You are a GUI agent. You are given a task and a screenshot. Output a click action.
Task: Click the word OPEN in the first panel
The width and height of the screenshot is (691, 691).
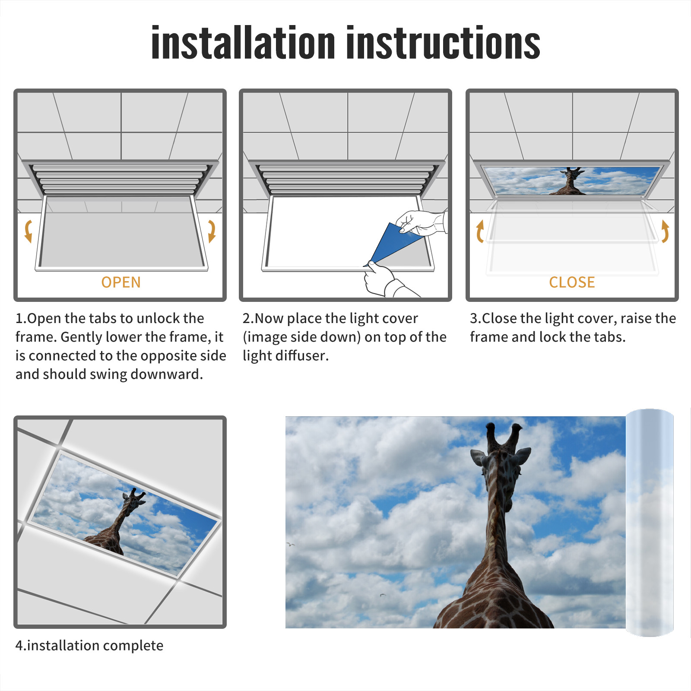pos(121,282)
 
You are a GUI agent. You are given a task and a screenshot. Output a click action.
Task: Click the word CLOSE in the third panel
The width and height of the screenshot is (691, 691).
pos(572,282)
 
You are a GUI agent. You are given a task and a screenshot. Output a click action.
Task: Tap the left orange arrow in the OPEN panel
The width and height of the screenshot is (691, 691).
pos(29,231)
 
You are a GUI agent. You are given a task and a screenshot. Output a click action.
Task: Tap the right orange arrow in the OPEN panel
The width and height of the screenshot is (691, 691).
pos(212,231)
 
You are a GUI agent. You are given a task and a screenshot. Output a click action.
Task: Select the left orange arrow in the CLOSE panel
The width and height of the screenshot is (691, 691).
pos(479,231)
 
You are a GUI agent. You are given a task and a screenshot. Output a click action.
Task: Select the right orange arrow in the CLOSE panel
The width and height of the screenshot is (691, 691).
pos(665,231)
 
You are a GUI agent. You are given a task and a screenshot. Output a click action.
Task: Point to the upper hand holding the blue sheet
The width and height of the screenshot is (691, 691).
pos(421,222)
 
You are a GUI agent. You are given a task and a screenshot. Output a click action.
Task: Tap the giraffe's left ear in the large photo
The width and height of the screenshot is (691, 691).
pos(479,457)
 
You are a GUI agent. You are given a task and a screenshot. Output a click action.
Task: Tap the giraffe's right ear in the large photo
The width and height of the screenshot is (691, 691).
pos(523,456)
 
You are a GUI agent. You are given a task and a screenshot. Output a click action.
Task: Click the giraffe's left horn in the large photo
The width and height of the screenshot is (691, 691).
pos(491,436)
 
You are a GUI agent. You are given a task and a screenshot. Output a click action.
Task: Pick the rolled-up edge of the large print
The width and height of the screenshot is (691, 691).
pos(650,523)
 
